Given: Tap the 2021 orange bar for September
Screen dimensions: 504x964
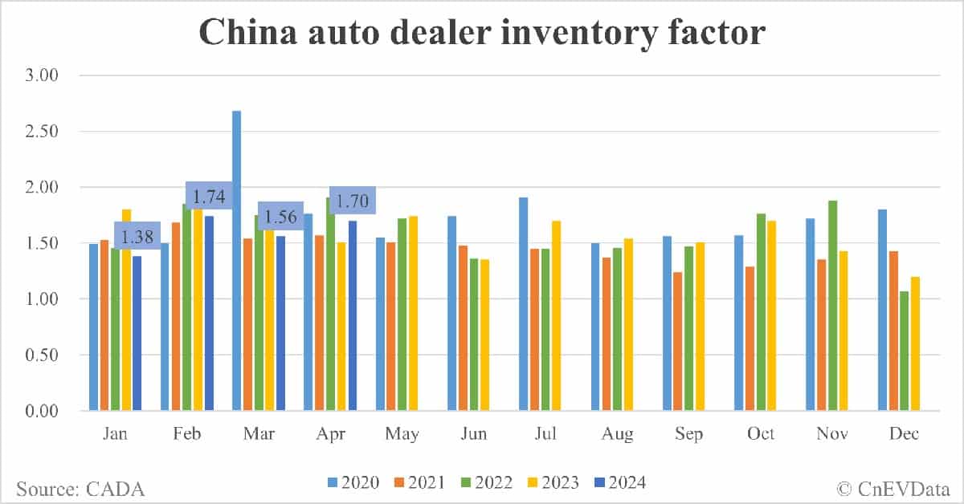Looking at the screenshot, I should click(678, 341).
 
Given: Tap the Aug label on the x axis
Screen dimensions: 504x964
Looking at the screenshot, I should click(617, 434).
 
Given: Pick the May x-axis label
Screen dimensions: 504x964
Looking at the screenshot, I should click(402, 434).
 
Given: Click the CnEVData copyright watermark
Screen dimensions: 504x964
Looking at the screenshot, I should click(892, 488).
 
